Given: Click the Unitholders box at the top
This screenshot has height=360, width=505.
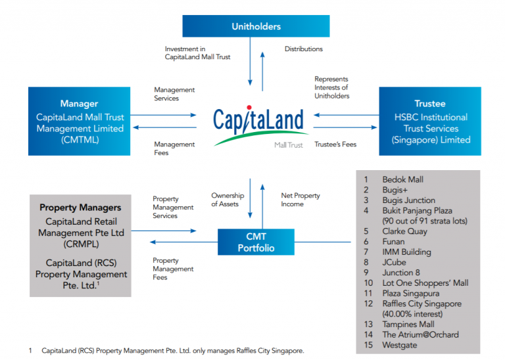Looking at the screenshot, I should (256, 26).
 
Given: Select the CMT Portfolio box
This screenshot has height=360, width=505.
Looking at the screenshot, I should (256, 242).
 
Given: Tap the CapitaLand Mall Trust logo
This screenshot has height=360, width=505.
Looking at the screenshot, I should (258, 125).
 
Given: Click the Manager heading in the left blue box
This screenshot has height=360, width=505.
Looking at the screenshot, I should (79, 103).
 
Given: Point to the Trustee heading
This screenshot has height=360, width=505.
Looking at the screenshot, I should (430, 103).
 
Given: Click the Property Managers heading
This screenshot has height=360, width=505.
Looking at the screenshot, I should (81, 208).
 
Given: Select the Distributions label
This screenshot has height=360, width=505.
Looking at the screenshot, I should (303, 49).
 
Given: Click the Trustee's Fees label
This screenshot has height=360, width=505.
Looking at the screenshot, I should (335, 144).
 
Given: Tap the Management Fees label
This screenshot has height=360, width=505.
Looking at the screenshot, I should (174, 148).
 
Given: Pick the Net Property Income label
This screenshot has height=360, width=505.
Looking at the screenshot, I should (301, 200).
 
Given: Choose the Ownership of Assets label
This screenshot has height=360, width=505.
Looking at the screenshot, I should (228, 200).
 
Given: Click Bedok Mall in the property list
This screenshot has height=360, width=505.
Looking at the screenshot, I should (402, 179).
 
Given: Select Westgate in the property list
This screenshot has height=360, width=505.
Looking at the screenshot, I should (399, 345).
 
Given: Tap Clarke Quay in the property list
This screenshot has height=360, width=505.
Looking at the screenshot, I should (404, 231).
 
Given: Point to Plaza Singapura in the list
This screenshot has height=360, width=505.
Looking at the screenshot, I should (410, 293).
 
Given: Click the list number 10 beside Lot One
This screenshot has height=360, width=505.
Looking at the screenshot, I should (368, 283).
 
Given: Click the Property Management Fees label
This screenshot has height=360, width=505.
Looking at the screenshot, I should (173, 269).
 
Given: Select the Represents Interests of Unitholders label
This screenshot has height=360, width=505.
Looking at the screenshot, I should (331, 87).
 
